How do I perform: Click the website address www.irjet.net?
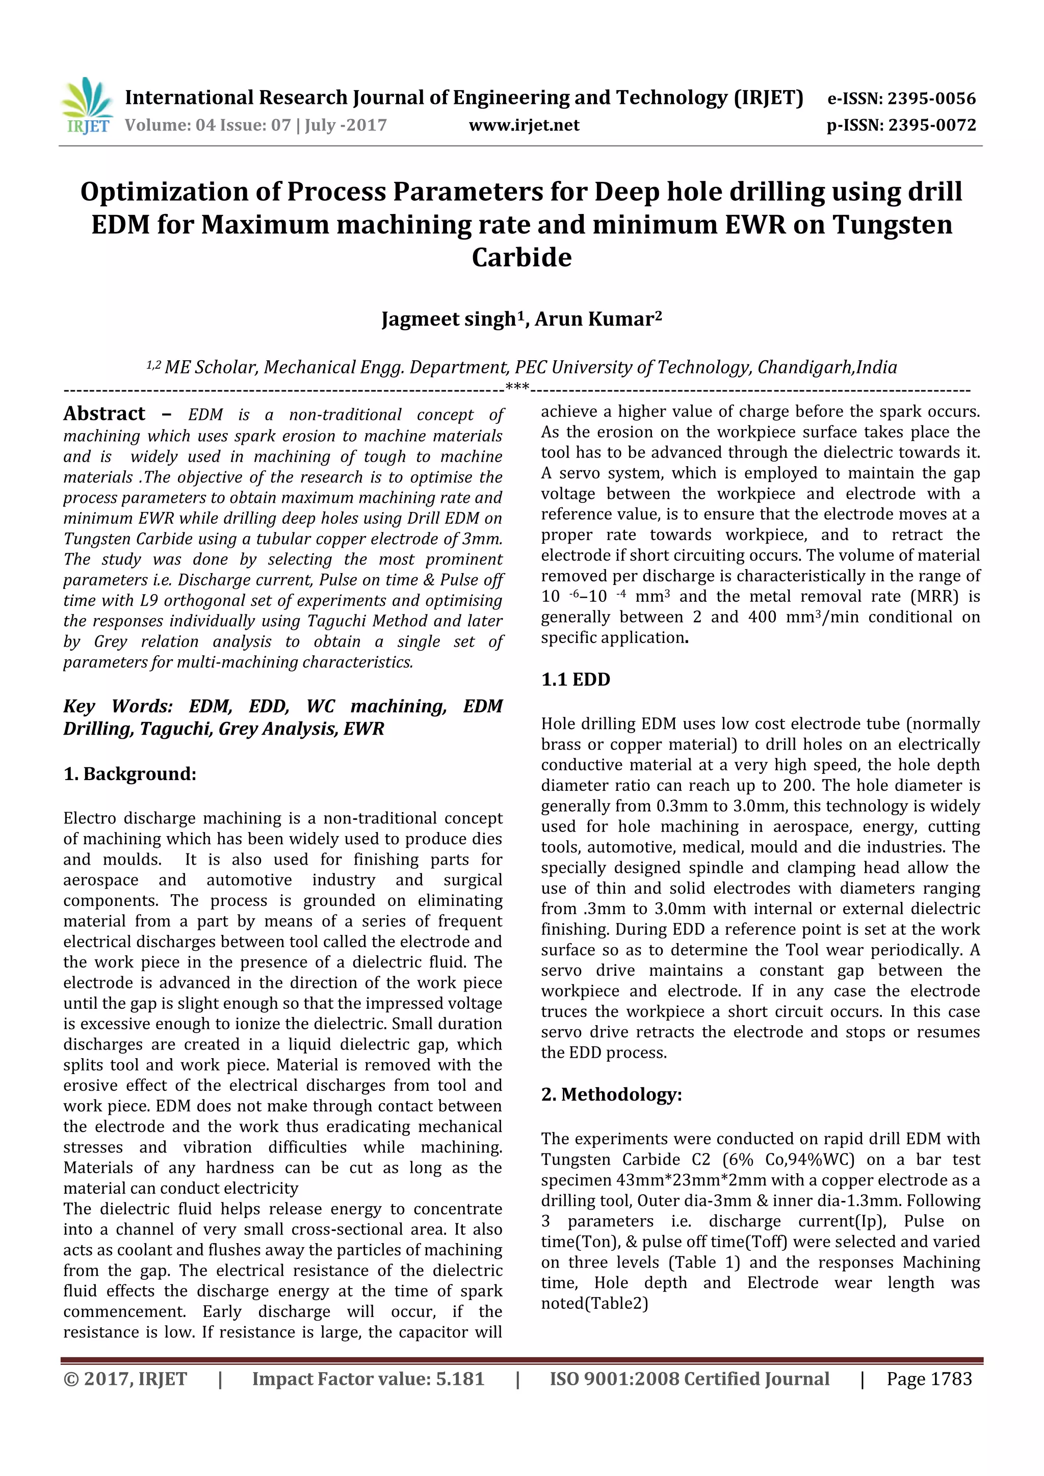tap(524, 125)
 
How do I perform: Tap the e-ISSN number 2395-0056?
tap(931, 98)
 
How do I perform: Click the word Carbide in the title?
tap(521, 258)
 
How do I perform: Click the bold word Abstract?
tap(104, 413)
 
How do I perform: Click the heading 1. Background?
tap(129, 773)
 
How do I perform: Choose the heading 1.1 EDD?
tap(575, 680)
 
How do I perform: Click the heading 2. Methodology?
tap(611, 1094)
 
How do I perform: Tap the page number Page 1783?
tap(928, 1379)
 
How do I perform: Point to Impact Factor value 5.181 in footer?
tap(368, 1379)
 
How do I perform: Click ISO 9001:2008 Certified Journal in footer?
tap(689, 1379)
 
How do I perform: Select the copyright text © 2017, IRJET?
tap(125, 1379)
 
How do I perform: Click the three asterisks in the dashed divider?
tap(517, 387)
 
